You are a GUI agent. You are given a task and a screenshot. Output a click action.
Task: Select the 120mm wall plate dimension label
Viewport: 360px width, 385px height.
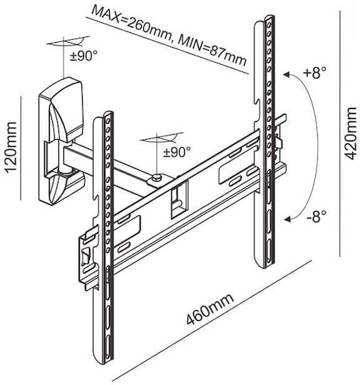[11, 148]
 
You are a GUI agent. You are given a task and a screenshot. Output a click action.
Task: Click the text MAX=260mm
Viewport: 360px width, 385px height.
[130, 24]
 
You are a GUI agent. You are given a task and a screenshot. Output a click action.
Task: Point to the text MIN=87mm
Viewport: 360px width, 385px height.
[212, 52]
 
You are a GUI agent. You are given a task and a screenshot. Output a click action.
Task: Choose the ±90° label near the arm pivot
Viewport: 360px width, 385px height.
[177, 152]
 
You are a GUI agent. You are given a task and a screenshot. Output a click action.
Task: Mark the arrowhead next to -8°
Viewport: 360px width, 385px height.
[288, 219]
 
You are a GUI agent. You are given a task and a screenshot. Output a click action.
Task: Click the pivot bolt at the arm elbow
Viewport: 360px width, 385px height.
[157, 177]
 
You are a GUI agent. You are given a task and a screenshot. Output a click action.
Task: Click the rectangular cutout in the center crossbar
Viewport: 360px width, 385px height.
[179, 200]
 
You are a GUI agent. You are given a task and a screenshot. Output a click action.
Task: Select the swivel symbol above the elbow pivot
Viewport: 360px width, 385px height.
[162, 138]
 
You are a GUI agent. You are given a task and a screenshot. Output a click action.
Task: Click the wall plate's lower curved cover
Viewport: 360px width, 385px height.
[61, 188]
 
